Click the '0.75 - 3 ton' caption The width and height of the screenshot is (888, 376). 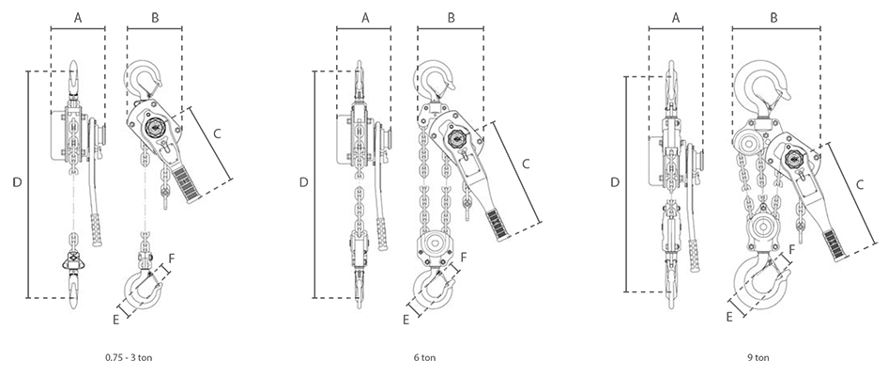(129, 358)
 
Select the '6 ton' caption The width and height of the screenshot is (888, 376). (424, 358)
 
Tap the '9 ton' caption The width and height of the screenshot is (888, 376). (758, 358)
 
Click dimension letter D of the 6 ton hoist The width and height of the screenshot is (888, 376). (304, 182)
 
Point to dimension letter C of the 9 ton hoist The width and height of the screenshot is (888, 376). (859, 185)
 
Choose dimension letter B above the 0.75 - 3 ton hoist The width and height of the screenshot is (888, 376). (155, 18)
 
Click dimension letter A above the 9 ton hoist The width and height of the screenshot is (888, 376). (676, 18)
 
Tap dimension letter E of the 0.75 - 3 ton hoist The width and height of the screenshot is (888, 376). (116, 320)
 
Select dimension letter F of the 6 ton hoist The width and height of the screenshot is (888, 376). (464, 258)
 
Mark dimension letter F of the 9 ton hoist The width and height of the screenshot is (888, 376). (791, 249)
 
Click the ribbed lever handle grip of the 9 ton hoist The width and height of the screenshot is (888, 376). (834, 245)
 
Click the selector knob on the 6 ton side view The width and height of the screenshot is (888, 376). (456, 138)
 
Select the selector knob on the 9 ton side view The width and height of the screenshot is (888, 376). (793, 157)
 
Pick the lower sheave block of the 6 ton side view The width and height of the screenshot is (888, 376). (436, 246)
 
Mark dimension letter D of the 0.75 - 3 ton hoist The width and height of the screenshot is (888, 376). (18, 182)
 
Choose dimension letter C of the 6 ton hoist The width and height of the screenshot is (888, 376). (526, 164)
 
